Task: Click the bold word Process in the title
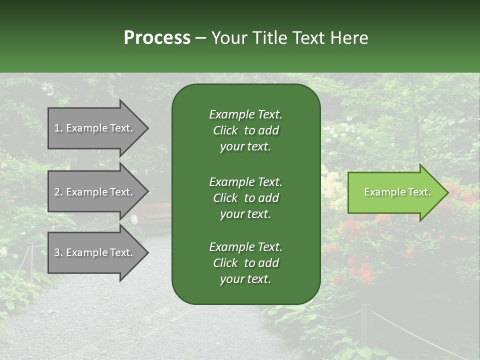coord(157,38)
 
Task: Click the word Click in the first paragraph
coord(225,130)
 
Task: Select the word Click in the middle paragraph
coord(225,198)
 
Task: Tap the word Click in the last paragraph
coord(225,263)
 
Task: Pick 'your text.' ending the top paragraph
coord(245,147)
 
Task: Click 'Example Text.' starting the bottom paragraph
coord(245,247)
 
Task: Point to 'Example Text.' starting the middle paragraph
coord(245,182)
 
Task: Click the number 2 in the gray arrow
coord(57,192)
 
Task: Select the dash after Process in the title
coord(200,38)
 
